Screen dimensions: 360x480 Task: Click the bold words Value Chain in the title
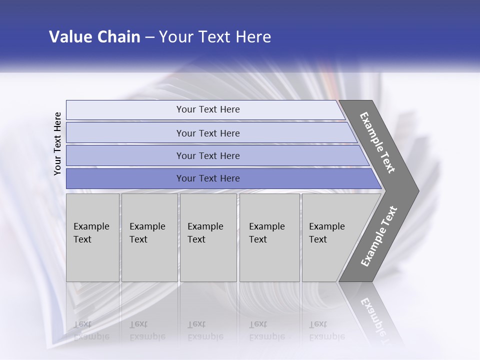coord(94,37)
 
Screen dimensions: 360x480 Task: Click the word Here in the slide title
coord(253,37)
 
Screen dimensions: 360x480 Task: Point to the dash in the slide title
coord(149,37)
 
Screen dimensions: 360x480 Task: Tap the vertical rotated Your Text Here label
coord(57,144)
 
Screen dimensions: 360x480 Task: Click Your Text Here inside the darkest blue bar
coord(208,178)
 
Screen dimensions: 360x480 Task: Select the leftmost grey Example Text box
coord(92,237)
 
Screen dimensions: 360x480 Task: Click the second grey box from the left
coord(149,237)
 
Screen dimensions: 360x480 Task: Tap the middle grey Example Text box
coord(208,237)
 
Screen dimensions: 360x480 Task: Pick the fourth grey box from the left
coord(269,237)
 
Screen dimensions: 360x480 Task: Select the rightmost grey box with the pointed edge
coord(332,237)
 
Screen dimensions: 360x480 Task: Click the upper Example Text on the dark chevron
coord(377,142)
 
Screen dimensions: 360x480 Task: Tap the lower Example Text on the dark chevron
coord(379,236)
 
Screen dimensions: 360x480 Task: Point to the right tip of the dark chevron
coord(417,191)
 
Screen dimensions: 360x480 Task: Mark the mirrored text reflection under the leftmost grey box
coord(91,330)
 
